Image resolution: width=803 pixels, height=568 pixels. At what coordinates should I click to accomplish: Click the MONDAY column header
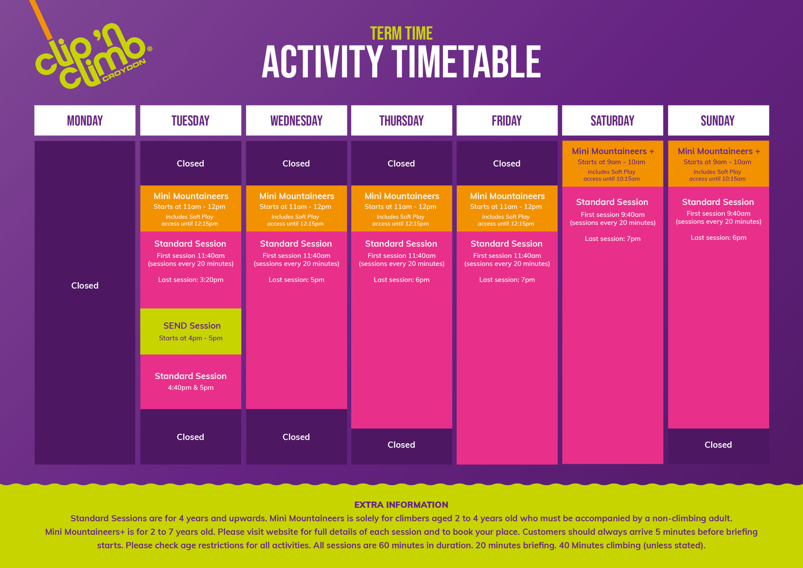pos(85,121)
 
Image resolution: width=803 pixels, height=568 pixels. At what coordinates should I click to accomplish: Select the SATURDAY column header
pos(612,121)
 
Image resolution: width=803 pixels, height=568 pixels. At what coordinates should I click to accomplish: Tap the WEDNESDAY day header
pos(296,121)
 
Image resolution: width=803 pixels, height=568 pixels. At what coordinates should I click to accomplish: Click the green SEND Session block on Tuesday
pos(191,331)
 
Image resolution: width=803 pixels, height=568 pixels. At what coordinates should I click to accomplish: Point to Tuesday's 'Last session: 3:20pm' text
pos(191,280)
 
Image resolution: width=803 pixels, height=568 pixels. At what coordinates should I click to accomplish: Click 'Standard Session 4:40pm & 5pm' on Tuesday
pos(191,381)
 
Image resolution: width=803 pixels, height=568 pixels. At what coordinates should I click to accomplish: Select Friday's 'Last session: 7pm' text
pos(507,280)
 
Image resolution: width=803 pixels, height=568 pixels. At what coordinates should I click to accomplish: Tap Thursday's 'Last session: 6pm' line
pos(401,280)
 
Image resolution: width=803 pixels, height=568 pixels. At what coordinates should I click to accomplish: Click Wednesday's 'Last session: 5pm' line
pos(296,280)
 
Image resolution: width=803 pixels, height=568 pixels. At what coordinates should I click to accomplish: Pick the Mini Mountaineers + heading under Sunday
pos(719,151)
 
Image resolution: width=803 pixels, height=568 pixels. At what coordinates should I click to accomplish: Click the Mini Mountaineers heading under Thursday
pos(402,196)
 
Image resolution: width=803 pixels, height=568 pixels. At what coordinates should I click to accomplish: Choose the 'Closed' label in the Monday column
pos(85,286)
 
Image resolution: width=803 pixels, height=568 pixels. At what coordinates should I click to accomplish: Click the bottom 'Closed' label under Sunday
pos(718,445)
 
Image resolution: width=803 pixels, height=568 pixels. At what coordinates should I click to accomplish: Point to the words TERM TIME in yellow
pos(401,34)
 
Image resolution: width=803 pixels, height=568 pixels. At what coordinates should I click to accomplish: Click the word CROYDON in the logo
pos(124,70)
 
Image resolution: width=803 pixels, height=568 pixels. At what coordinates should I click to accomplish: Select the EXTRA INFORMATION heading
pos(401,505)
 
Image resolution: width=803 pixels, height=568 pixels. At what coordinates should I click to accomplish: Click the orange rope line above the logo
pos(40,19)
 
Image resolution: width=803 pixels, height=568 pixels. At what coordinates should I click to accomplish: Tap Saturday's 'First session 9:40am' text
pos(612,215)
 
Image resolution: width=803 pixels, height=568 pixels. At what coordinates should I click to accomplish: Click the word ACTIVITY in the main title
pos(322,62)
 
